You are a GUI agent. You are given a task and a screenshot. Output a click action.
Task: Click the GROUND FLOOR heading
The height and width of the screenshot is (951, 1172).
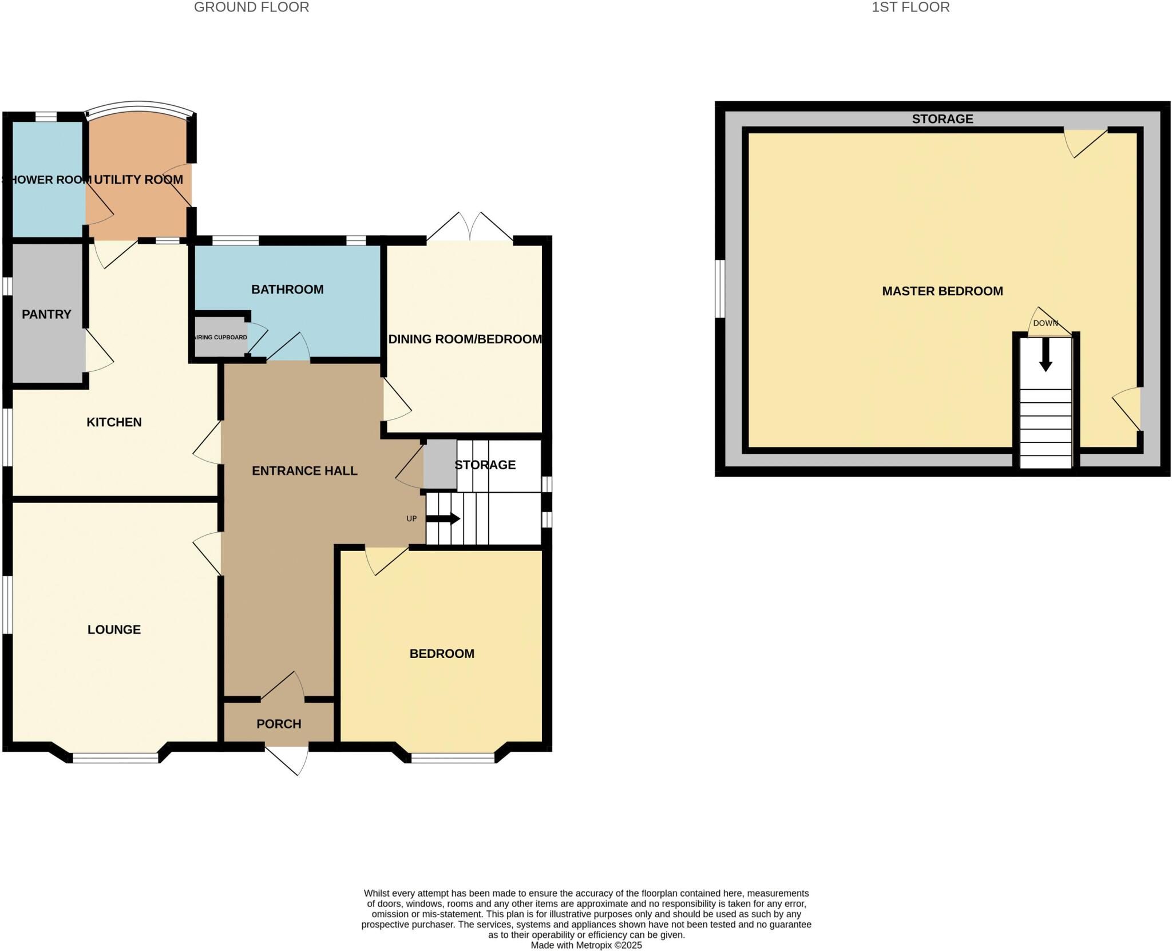click(x=251, y=7)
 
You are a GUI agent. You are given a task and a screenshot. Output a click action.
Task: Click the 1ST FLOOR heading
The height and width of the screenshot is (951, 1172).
click(x=910, y=7)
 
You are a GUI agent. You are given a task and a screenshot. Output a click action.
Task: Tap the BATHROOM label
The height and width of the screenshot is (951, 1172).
click(x=287, y=290)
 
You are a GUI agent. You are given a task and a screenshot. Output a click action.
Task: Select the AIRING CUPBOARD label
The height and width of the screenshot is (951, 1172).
click(x=220, y=338)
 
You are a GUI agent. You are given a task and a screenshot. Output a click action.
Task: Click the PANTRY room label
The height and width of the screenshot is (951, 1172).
click(x=46, y=314)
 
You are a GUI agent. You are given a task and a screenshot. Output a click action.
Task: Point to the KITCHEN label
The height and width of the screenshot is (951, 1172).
click(x=114, y=422)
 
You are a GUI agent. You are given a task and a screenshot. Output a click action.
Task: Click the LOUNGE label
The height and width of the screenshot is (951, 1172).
click(x=114, y=629)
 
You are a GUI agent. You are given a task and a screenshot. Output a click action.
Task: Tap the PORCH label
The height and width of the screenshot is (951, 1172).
click(x=279, y=724)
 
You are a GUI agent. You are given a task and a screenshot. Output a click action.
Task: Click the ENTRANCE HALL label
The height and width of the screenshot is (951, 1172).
click(x=304, y=471)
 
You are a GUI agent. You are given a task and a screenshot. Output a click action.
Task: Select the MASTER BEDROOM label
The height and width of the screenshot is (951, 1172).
click(x=942, y=291)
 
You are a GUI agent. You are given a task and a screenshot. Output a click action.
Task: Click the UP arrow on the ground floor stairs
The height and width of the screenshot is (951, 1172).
click(x=444, y=519)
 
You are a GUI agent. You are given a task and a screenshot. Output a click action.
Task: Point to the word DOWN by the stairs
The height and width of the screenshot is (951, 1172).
click(x=1045, y=323)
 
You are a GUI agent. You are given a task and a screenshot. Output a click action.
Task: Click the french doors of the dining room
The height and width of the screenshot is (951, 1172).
click(x=469, y=228)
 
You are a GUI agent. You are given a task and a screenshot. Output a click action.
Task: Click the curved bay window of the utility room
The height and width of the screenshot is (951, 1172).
click(x=139, y=106)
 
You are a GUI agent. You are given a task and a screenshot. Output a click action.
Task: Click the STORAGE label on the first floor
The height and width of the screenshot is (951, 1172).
click(x=942, y=119)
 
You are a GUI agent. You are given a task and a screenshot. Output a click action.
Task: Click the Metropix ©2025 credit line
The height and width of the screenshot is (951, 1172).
click(x=586, y=945)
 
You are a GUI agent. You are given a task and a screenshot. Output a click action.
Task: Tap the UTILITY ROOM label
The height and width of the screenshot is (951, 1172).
click(x=138, y=180)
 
